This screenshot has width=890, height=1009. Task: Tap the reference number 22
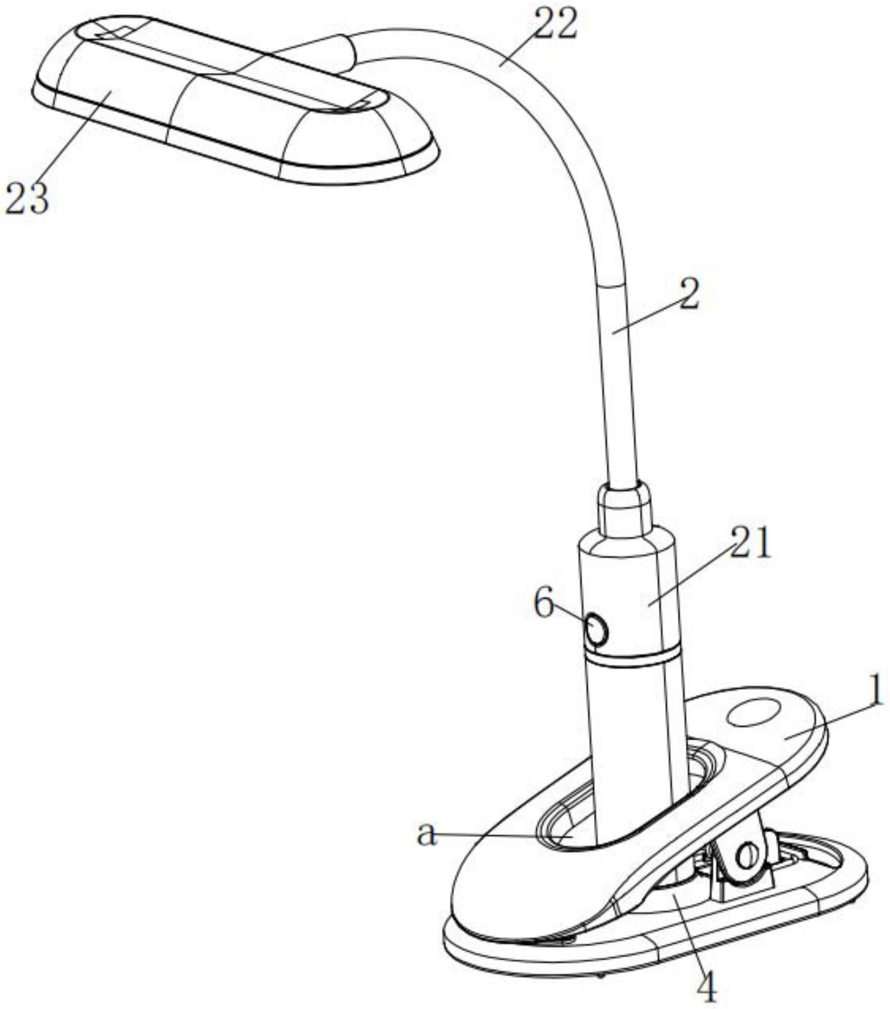554,24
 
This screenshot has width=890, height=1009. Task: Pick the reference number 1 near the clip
875,693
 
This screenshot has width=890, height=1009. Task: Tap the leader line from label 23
69,138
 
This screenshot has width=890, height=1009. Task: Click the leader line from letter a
499,836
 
